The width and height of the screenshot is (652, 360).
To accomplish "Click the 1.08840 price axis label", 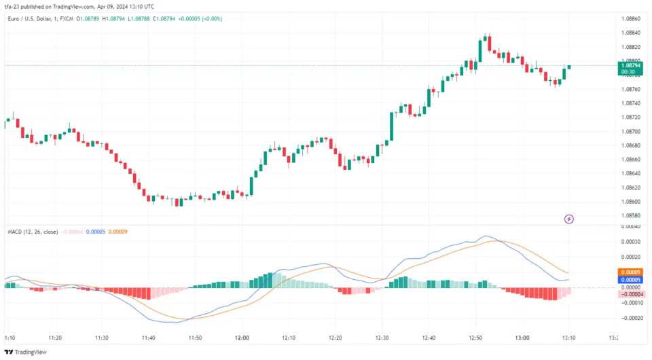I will coord(631,33).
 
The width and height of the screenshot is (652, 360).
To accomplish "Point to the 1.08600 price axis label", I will coord(631,202).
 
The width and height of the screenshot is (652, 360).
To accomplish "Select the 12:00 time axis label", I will coord(242,338).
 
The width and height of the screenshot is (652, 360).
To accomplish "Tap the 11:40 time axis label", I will coord(148,338).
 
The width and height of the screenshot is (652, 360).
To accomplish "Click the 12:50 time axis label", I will coord(476,338).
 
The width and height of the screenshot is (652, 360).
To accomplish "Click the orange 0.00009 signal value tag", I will coord(631,272).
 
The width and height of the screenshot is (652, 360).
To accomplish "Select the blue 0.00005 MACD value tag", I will coord(631,280).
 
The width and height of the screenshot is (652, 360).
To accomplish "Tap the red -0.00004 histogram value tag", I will coord(631,294).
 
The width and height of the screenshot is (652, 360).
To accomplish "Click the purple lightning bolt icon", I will coord(569,219).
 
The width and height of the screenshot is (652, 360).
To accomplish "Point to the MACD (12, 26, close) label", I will coord(32,232).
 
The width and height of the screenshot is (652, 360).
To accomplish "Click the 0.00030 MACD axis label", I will coord(631,242).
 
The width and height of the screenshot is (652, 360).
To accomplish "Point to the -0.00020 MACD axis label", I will coord(631,318).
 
